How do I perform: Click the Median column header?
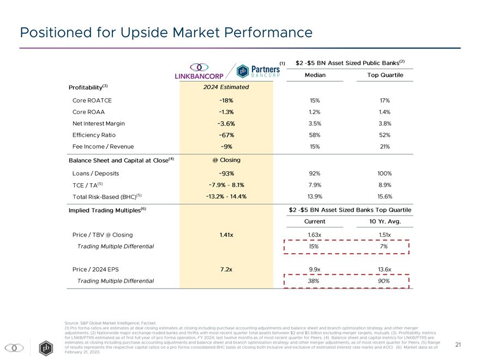point(315,75)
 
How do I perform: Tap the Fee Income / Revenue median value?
point(315,146)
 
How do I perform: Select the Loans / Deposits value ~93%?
point(226,173)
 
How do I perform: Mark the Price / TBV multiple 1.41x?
point(226,235)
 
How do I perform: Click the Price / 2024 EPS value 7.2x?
point(226,269)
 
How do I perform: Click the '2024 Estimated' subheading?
point(226,87)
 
